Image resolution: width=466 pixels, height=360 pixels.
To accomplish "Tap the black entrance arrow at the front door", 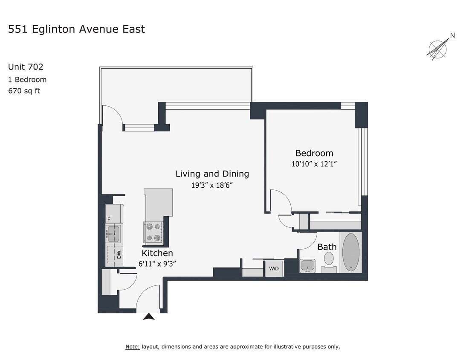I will (148, 316).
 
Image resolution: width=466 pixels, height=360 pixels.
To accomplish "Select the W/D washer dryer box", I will (273, 269).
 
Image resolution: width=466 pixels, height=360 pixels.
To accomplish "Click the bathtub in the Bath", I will (350, 252).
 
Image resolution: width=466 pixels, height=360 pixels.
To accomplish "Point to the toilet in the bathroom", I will (329, 258).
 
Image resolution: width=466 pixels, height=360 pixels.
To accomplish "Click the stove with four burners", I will (153, 232).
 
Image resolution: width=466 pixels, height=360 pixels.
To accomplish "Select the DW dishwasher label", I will (119, 255).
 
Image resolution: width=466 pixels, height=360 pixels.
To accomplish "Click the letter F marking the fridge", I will (109, 219).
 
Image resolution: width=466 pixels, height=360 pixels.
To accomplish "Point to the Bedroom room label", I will (314, 153).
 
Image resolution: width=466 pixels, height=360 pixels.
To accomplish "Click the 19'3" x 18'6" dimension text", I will (212, 185).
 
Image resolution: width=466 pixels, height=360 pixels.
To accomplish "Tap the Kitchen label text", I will (157, 253).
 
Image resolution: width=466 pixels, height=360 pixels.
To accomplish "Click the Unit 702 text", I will (26, 67).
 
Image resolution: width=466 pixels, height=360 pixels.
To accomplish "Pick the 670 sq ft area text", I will (24, 90).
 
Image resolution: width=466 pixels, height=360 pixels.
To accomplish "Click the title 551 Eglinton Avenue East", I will (77, 29).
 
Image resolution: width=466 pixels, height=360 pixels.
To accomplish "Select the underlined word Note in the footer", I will (132, 346).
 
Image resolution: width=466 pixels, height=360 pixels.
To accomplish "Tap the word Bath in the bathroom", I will (327, 247).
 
